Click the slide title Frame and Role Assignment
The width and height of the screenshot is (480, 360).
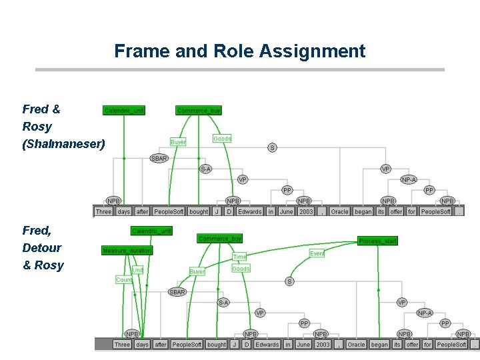pyautogui.click(x=239, y=51)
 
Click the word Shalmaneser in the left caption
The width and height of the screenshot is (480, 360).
pyautogui.click(x=63, y=143)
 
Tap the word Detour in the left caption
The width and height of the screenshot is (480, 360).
pyautogui.click(x=41, y=247)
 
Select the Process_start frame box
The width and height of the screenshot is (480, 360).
pyautogui.click(x=377, y=241)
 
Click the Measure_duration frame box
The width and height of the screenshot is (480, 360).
pyautogui.click(x=127, y=251)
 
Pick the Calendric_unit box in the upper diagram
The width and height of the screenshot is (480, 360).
pyautogui.click(x=124, y=110)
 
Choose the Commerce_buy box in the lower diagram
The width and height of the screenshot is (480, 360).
pyautogui.click(x=219, y=238)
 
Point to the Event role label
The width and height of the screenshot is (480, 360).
pyautogui.click(x=317, y=253)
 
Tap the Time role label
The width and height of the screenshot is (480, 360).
pyautogui.click(x=239, y=257)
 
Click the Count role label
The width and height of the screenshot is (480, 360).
pyautogui.click(x=124, y=280)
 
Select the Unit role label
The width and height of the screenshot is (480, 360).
pyautogui.click(x=137, y=270)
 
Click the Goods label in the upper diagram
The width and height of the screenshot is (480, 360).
pyautogui.click(x=222, y=139)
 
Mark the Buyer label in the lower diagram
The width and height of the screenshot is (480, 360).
pyautogui.click(x=197, y=271)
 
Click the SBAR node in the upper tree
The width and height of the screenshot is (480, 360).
pyautogui.click(x=159, y=158)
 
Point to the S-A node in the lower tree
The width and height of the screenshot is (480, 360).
pyautogui.click(x=223, y=302)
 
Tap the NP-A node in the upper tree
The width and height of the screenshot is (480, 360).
pyautogui.click(x=409, y=179)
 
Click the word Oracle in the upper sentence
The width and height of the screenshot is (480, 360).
pyautogui.click(x=339, y=211)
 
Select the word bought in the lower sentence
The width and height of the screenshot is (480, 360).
pyautogui.click(x=216, y=345)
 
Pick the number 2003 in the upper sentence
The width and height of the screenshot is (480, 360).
pyautogui.click(x=306, y=211)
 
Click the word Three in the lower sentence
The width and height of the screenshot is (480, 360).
pyautogui.click(x=121, y=345)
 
